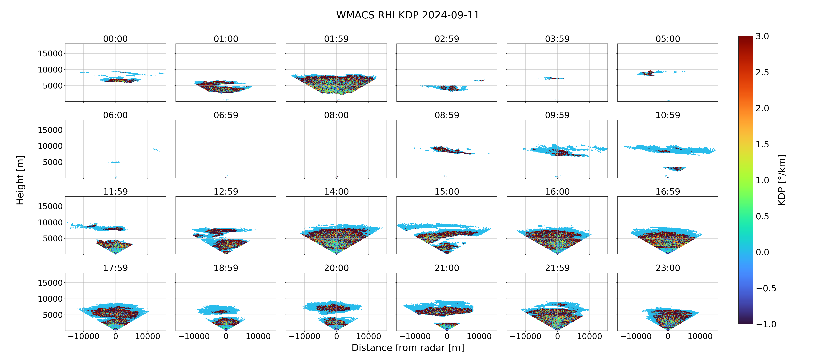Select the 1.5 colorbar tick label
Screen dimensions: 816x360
coord(762,144)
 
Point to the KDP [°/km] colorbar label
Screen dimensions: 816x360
coord(782,180)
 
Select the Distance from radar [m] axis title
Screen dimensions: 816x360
coord(408,348)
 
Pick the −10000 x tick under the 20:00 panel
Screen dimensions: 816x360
coord(304,336)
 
